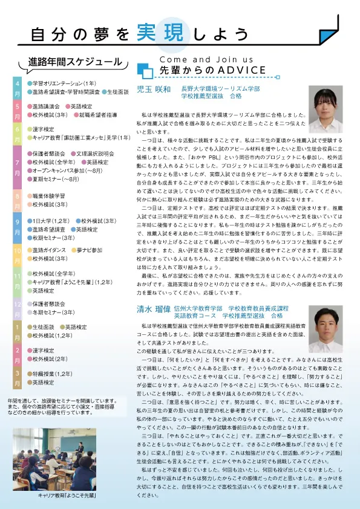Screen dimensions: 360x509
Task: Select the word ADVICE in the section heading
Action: coord(233,71)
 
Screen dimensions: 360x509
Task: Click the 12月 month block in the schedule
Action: coord(18,308)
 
